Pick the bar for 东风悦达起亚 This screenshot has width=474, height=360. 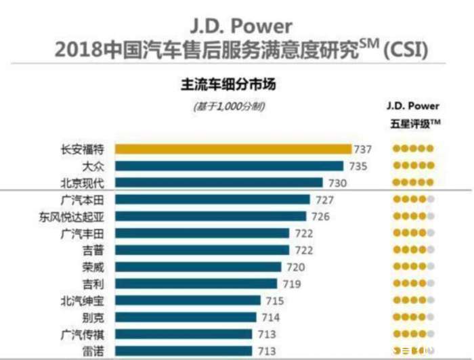point(211,217)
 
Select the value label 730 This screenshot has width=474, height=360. point(337,183)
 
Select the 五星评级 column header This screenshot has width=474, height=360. point(412,122)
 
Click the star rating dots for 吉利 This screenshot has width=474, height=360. point(412,284)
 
